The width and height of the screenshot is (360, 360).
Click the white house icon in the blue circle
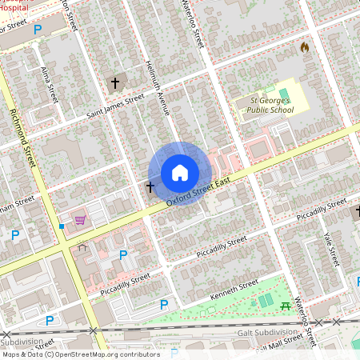179,173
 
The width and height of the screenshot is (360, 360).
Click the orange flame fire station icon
304,47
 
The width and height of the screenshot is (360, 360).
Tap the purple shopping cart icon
80,219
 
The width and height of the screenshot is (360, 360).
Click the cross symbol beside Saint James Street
114,82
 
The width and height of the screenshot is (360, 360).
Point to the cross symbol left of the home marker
150,186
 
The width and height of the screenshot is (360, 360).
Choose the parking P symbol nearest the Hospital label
38,30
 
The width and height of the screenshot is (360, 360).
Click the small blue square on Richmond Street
61,226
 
